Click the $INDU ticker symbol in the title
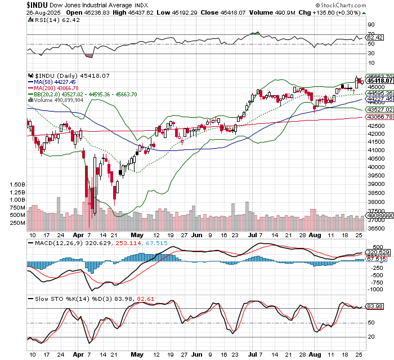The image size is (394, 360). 37,4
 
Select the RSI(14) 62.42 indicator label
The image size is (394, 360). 51,19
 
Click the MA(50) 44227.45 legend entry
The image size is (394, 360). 52,82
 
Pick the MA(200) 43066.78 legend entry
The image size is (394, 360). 54,88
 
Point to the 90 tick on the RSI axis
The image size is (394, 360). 370,25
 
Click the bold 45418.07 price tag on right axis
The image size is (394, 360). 379,81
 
